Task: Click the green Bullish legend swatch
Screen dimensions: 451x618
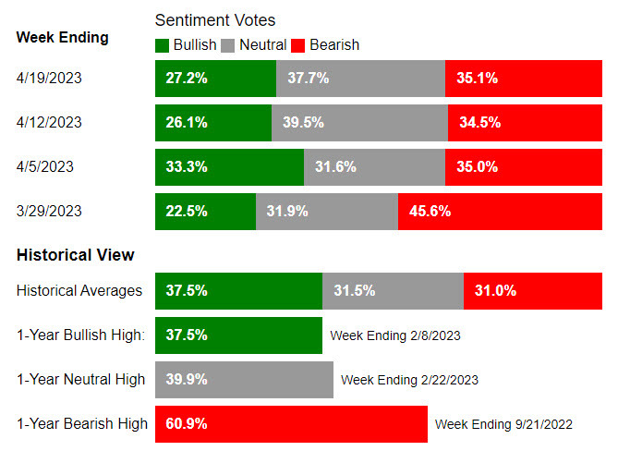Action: click(163, 44)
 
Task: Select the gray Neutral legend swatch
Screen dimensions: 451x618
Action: click(230, 44)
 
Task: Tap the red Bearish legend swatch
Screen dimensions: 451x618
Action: click(297, 44)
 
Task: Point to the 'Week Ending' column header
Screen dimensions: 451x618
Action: click(62, 38)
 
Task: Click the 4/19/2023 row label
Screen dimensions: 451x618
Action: click(49, 78)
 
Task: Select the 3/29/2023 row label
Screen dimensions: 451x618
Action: click(49, 211)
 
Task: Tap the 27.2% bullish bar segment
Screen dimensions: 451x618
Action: click(215, 78)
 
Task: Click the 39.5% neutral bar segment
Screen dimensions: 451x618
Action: click(359, 122)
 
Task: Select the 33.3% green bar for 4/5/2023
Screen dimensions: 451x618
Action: click(229, 166)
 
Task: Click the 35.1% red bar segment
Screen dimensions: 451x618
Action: click(525, 78)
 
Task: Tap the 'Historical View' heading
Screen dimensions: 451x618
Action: click(75, 254)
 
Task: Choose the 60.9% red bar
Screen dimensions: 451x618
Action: click(291, 423)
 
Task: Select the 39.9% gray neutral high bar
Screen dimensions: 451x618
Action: click(244, 379)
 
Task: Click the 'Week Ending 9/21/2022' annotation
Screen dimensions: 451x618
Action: click(503, 424)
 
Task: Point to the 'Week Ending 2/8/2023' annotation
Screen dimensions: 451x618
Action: click(394, 335)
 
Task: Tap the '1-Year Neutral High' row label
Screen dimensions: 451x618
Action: click(80, 379)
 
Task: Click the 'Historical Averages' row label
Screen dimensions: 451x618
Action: click(79, 290)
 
